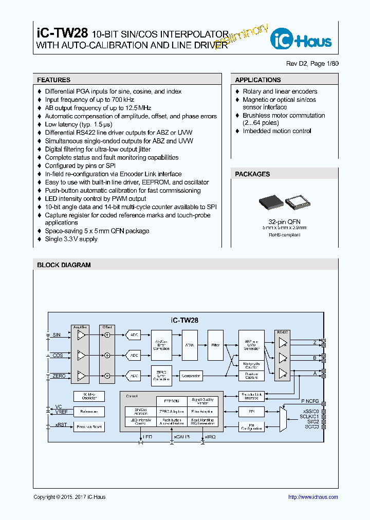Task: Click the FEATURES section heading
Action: click(53, 80)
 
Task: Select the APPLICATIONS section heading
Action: click(257, 80)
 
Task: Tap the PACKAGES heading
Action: click(252, 174)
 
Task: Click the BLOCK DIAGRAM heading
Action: click(64, 265)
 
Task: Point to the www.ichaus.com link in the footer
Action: click(313, 497)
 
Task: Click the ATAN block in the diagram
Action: click(190, 345)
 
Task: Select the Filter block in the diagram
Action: click(215, 345)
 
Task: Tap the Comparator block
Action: click(191, 376)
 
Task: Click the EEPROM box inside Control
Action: click(171, 401)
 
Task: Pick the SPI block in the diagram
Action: click(251, 412)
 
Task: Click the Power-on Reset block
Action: click(89, 426)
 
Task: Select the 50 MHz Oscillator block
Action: click(89, 396)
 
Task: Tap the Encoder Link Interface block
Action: click(251, 396)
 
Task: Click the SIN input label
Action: click(57, 335)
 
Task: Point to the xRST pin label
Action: click(60, 424)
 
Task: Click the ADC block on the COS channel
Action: click(134, 355)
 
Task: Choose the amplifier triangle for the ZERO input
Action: click(81, 376)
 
